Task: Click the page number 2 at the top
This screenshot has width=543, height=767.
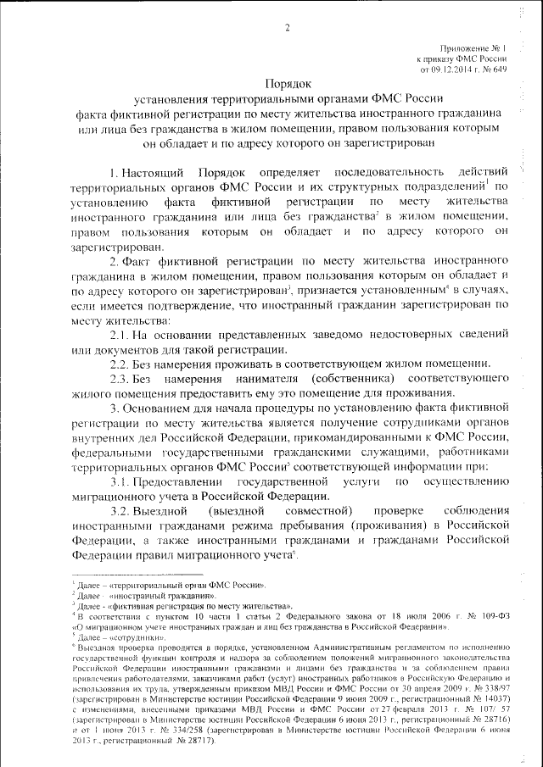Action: coord(288,30)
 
